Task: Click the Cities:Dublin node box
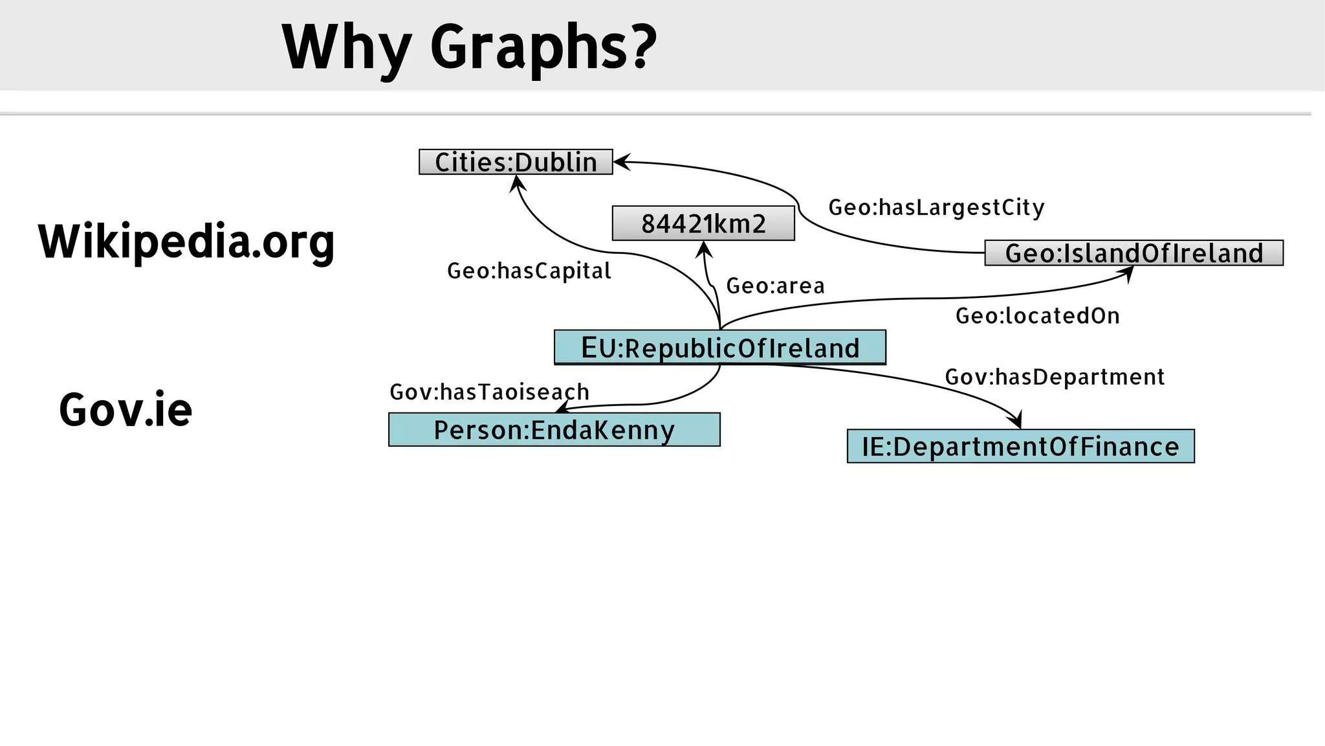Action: (x=516, y=162)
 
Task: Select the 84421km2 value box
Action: (x=703, y=223)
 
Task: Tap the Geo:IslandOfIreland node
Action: (x=1133, y=253)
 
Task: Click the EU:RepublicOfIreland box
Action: (x=719, y=348)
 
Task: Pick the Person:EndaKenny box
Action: (x=554, y=430)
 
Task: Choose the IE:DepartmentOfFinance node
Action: (x=1020, y=446)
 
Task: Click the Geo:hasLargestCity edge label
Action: (x=936, y=207)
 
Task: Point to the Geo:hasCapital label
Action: (x=529, y=271)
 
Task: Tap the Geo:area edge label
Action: (x=775, y=286)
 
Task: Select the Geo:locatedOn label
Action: (x=1037, y=316)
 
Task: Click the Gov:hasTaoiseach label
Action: (x=489, y=392)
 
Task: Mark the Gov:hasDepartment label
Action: (x=1055, y=377)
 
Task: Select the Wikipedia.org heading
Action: (x=186, y=241)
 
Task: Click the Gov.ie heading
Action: (x=126, y=410)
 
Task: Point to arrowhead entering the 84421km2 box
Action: (x=704, y=249)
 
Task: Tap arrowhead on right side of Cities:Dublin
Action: (x=621, y=162)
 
